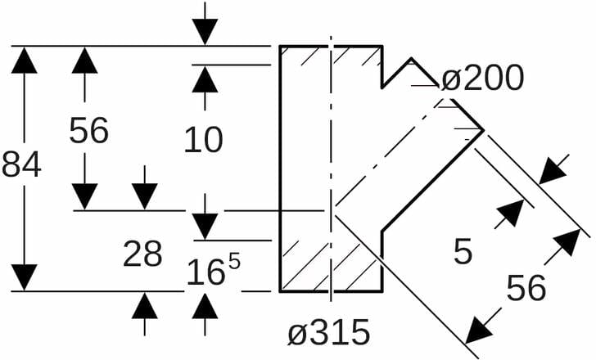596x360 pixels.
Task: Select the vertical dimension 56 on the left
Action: (x=88, y=130)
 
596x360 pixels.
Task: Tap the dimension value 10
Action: (x=203, y=140)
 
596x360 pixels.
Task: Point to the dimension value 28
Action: (x=142, y=254)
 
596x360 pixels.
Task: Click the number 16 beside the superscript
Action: (x=205, y=272)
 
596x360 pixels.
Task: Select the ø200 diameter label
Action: (x=481, y=79)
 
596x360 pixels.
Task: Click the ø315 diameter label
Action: (x=328, y=333)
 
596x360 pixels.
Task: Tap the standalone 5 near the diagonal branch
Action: (x=463, y=252)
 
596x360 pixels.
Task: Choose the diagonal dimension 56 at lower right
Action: (x=525, y=287)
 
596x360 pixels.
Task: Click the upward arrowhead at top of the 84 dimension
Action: (x=26, y=61)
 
